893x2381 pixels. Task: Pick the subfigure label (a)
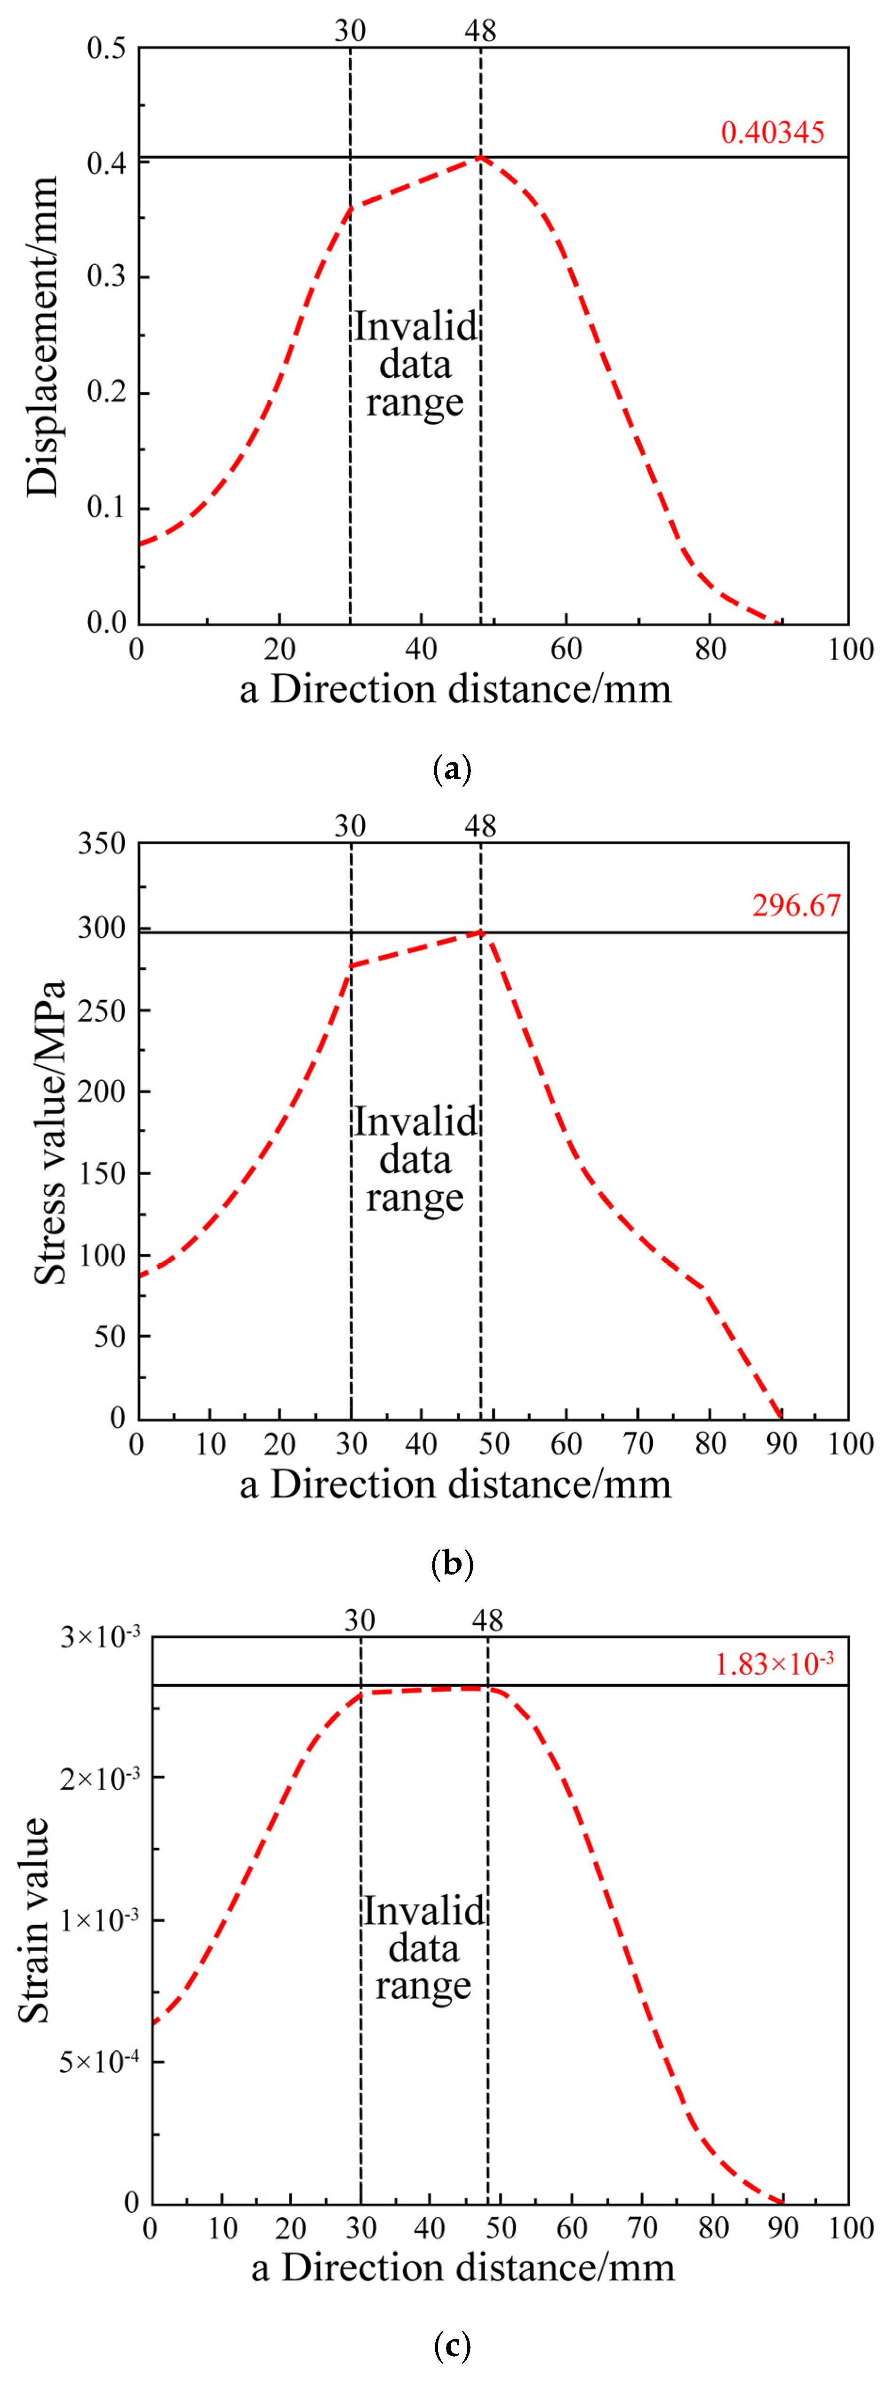pyautogui.click(x=452, y=769)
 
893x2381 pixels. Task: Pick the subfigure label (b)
pyautogui.click(x=452, y=1564)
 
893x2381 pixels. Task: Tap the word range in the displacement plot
pyautogui.click(x=415, y=402)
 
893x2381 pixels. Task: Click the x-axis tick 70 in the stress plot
pyautogui.click(x=638, y=1444)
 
